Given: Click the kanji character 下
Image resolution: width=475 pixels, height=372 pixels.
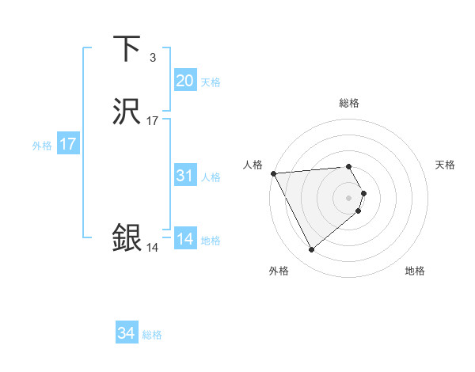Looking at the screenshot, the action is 127,49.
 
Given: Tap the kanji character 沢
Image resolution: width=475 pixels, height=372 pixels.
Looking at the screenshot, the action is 127,113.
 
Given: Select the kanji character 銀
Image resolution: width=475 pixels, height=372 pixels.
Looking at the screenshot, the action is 127,238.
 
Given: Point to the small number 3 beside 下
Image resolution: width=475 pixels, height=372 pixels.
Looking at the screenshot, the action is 152,57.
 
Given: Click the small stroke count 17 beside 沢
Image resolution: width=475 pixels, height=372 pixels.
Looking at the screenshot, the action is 152,121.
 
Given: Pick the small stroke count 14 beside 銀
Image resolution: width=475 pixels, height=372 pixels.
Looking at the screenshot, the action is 152,248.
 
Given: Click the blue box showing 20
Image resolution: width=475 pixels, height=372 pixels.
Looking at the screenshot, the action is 184,81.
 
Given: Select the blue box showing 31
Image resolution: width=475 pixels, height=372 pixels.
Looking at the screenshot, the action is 184,176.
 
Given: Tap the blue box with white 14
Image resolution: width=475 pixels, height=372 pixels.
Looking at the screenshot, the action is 184,239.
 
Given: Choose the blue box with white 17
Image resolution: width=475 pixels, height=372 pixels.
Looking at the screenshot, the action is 67,144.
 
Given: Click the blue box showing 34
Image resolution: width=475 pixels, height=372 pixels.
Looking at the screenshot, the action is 126,334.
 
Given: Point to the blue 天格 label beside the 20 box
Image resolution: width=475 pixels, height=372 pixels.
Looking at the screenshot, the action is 211,82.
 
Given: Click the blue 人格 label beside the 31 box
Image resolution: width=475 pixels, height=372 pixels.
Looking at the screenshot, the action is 211,177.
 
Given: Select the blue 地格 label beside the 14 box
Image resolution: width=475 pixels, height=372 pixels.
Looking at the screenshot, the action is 211,241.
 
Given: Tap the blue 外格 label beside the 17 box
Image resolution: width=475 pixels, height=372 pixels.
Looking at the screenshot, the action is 41,146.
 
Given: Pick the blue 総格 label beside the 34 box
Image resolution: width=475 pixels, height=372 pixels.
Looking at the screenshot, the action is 152,336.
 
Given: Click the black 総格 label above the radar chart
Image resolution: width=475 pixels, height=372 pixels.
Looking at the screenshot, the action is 349,103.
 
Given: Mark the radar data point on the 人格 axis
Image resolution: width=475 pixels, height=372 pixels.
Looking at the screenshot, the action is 273,173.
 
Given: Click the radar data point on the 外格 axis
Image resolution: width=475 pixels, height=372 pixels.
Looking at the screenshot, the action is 311,250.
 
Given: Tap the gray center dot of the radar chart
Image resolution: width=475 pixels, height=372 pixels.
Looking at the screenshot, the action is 349,197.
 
